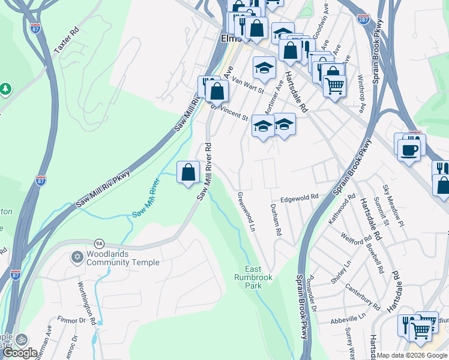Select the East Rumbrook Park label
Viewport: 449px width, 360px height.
tap(254, 277)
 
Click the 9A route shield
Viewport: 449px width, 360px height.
tap(99, 243)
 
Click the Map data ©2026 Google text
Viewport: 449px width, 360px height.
tap(412, 355)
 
